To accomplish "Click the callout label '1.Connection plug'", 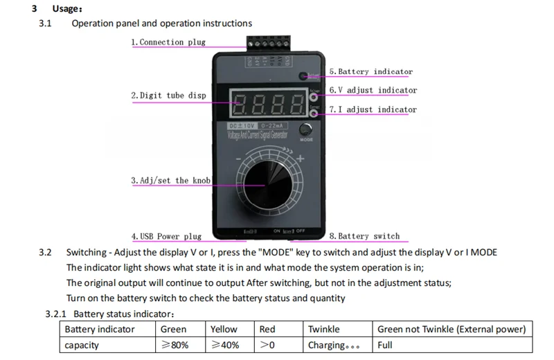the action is pyautogui.click(x=168, y=42).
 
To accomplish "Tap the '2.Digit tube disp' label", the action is pyautogui.click(x=168, y=96).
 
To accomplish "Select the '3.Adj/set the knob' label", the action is pyautogui.click(x=170, y=181).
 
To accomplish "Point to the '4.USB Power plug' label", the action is pyautogui.click(x=166, y=236).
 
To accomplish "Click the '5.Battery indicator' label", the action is pyautogui.click(x=370, y=71).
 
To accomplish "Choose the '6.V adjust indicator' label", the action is pyautogui.click(x=373, y=90).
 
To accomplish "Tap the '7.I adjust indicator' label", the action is pyautogui.click(x=373, y=109).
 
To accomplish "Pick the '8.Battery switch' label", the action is pyautogui.click(x=364, y=236).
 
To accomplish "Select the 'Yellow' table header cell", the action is pyautogui.click(x=224, y=330).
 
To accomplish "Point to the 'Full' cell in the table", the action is pyautogui.click(x=385, y=345).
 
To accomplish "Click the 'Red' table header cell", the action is pyautogui.click(x=267, y=330).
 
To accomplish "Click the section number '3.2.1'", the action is pyautogui.click(x=60, y=314).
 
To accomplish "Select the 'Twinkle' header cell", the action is pyautogui.click(x=323, y=330).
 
